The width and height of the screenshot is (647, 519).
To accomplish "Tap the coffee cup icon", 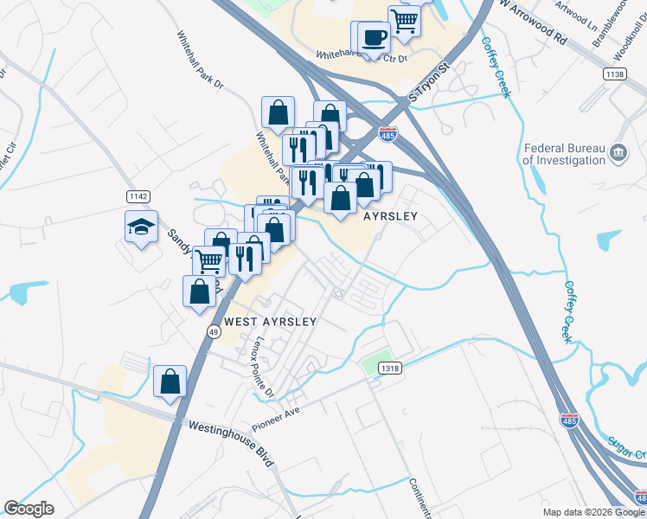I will tap(375, 38).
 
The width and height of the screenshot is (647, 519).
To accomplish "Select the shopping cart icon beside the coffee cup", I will tap(404, 20).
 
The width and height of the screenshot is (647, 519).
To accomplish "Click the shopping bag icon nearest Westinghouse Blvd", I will tap(170, 381).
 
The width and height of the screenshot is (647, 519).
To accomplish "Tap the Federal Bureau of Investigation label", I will tap(564, 155).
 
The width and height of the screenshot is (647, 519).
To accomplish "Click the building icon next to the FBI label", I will tap(618, 153).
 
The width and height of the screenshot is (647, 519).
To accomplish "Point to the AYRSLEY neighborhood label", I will tap(390, 216).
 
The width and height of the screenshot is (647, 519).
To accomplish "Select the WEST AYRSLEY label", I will tap(271, 321).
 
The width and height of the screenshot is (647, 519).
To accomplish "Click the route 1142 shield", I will tap(138, 196).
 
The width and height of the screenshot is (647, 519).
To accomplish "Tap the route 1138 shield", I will tap(615, 75).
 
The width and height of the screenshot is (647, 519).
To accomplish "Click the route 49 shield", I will tap(214, 330).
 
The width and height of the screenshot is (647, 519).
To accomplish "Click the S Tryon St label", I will tap(431, 81).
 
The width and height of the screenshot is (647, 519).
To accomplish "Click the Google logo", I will tap(29, 509).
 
